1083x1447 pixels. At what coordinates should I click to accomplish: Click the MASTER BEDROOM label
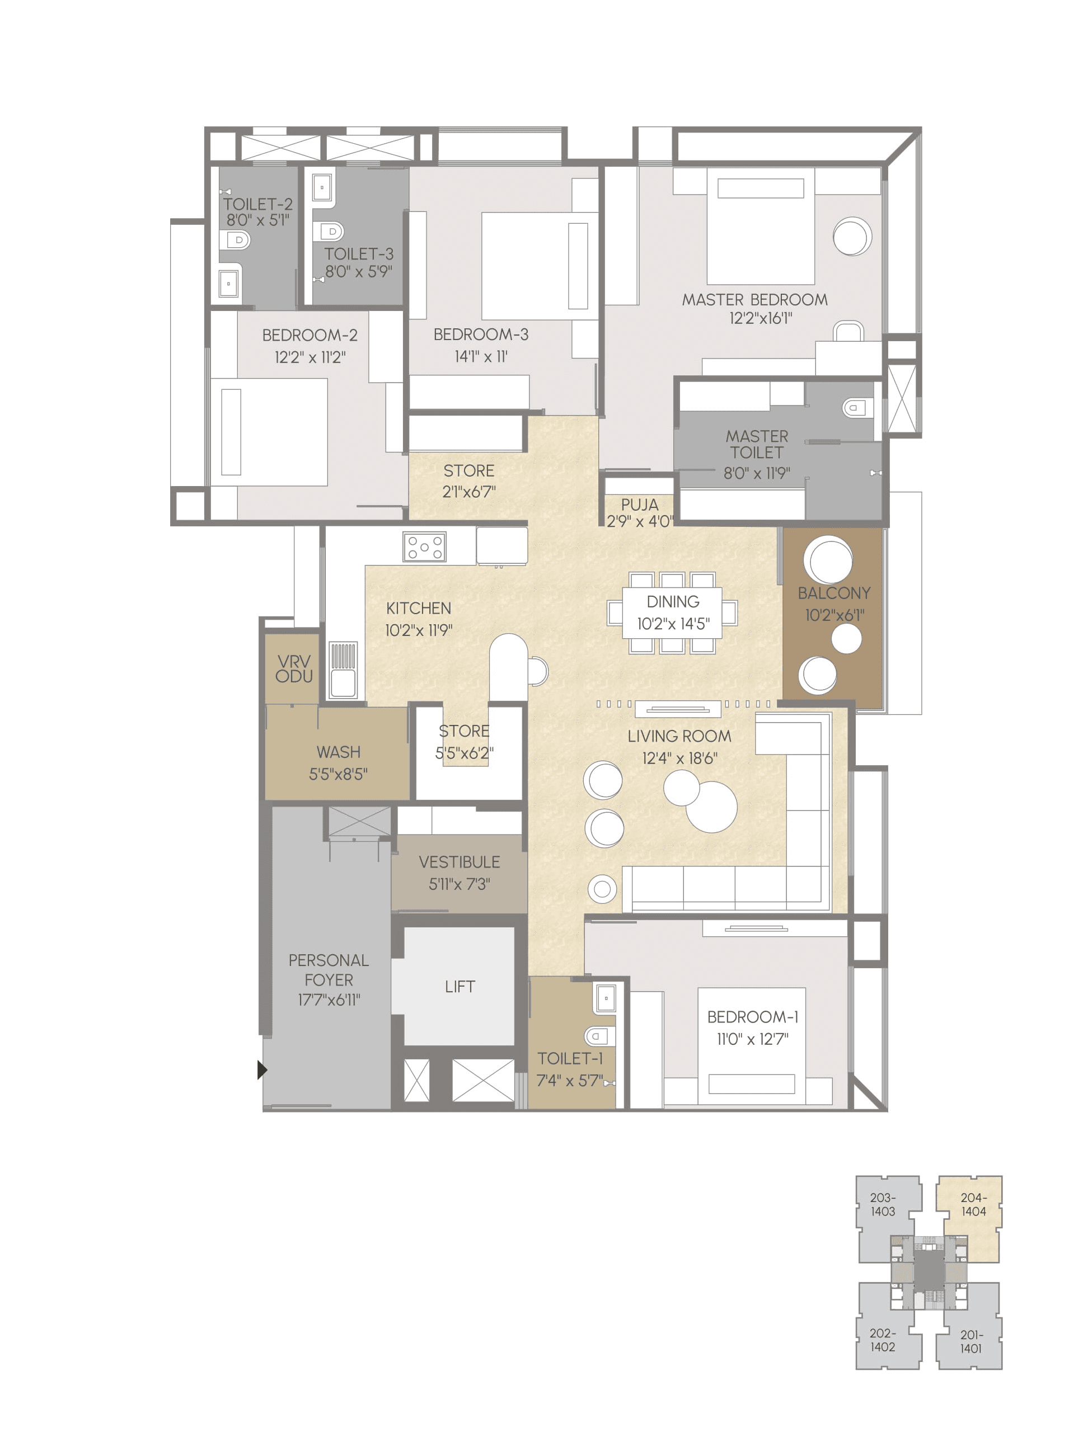coord(754,300)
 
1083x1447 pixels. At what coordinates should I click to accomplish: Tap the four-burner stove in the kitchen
coord(425,547)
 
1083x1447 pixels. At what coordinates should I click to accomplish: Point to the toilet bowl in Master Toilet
coord(854,408)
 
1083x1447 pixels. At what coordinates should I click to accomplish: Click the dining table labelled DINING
coord(672,612)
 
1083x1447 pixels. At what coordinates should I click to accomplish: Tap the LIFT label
coord(460,987)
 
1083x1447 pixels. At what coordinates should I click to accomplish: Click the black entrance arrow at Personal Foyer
coord(262,1070)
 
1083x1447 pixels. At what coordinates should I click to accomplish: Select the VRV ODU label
coord(293,668)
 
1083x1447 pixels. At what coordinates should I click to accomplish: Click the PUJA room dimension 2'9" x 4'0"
coord(639,521)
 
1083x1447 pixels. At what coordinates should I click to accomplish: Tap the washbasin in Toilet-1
coord(604,998)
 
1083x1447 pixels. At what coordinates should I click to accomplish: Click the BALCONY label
coord(834,593)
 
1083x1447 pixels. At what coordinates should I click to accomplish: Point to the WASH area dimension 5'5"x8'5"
coord(337,775)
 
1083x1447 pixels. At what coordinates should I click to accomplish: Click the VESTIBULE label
coord(459,861)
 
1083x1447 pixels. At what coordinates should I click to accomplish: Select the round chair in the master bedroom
coord(851,236)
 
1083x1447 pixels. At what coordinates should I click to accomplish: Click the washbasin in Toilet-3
coord(322,188)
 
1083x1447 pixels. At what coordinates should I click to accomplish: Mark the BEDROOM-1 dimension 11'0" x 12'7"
coord(753,1039)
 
